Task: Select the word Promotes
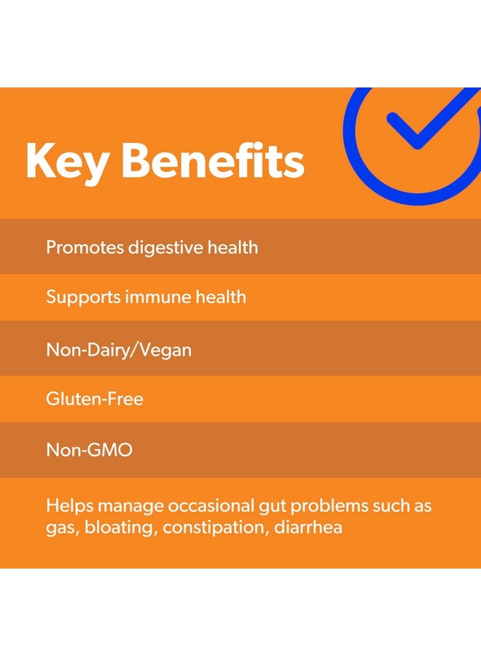85,247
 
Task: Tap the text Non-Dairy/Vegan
119,350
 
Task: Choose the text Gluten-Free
95,399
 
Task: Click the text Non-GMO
90,450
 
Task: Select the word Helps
68,506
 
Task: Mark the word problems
346,506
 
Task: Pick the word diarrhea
308,527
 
